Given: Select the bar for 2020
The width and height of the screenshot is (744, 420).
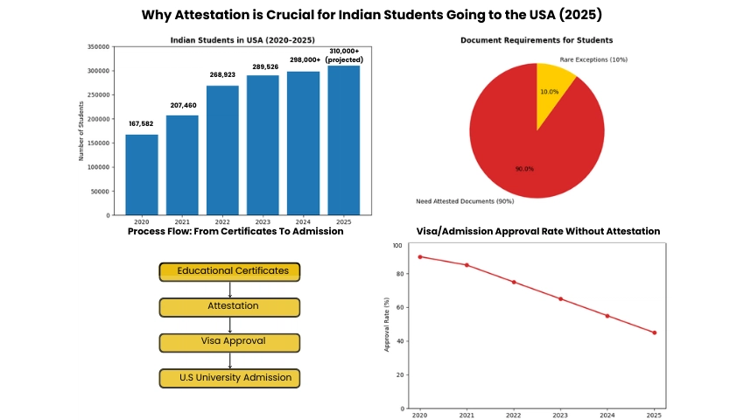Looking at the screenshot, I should tap(142, 174).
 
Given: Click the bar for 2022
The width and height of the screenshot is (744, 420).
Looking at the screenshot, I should tap(222, 150).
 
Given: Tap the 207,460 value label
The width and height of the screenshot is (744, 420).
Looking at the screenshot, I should tap(183, 105).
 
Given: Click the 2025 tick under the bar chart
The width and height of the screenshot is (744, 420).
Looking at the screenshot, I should tap(343, 222).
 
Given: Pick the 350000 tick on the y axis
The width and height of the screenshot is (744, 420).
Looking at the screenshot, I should tap(98, 47).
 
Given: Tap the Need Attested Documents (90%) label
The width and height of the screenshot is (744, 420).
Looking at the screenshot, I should tap(465, 202).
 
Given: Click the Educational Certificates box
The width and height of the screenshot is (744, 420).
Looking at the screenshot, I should tap(229, 271).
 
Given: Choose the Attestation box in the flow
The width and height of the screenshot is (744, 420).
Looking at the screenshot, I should tap(229, 307).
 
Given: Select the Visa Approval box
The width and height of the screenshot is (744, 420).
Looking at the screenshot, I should tap(229, 342).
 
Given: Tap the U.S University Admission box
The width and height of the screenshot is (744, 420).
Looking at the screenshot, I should tap(229, 378).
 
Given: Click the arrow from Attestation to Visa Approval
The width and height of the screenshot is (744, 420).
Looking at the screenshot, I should tap(229, 325).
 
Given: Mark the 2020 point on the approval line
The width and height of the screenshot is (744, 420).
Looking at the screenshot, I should tap(420, 256).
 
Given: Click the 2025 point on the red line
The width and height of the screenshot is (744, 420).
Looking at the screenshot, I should tap(654, 332).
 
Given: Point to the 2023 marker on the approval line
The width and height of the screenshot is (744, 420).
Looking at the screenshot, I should tap(560, 298).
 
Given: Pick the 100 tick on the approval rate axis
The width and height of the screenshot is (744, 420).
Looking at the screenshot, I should tap(398, 246).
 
